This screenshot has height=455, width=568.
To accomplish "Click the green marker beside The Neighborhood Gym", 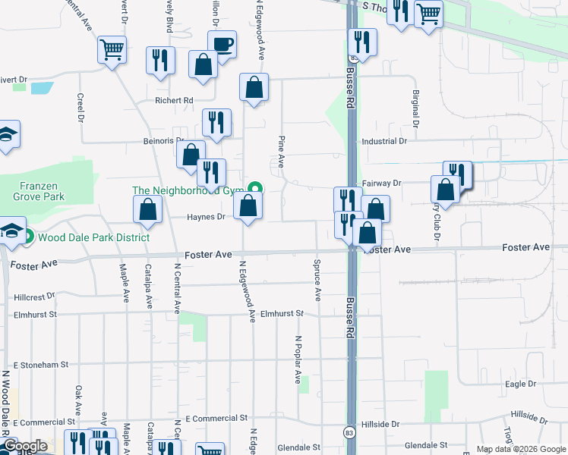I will click(257, 190).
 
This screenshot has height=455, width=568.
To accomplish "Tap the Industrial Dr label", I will click(384, 141).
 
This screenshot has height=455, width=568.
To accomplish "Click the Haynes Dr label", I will click(207, 217).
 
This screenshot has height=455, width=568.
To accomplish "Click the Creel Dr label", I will click(80, 107).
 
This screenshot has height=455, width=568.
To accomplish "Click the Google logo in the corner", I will click(24, 446).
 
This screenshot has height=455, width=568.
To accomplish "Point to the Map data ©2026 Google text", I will click(519, 449).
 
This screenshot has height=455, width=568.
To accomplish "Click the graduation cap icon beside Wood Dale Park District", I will click(12, 231).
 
